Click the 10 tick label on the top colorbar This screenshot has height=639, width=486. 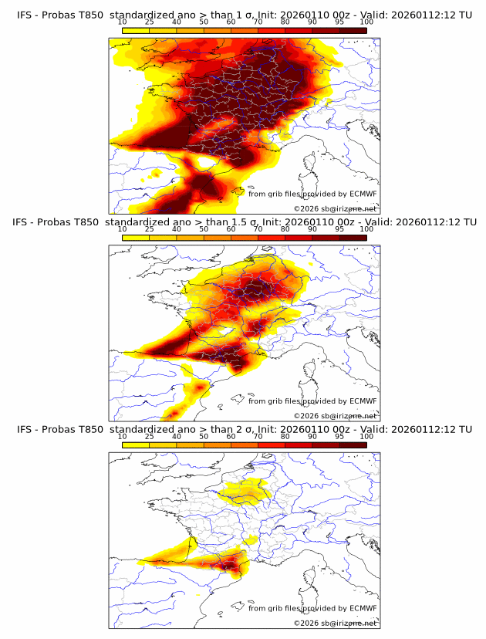coord(123,22)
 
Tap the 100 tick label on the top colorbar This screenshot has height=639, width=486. coord(366,22)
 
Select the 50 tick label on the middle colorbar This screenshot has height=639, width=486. coord(204,229)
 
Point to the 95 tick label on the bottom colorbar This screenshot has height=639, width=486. coord(339,437)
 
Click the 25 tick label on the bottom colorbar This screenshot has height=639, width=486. coord(150,437)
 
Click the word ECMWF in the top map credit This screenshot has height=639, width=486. coord(363,194)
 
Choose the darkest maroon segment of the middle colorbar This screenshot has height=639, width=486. coord(353,238)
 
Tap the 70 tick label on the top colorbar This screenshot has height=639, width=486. coord(258,22)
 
